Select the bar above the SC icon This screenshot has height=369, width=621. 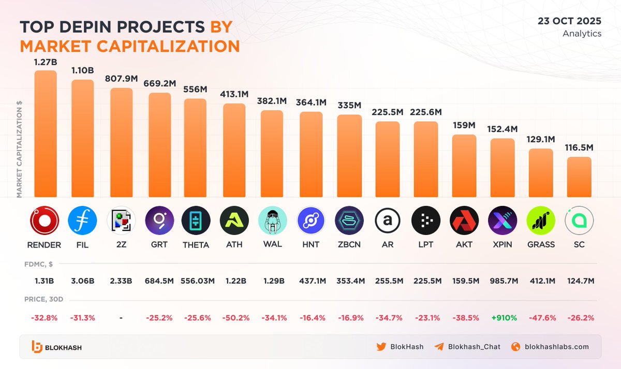point(579,177)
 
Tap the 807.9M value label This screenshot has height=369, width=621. point(122,79)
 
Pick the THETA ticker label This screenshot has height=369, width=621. point(196,244)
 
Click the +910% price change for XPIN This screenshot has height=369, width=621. point(502,318)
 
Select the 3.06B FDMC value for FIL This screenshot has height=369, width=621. point(83,281)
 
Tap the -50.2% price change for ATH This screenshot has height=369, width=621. point(234,318)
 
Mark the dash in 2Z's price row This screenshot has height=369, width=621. point(121,318)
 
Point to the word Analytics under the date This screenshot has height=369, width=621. point(582,34)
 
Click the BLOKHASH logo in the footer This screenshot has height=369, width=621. point(57,347)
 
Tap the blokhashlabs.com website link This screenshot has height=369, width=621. point(557,347)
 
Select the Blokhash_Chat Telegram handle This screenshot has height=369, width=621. point(474,347)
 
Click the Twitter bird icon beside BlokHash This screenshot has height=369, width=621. point(381,347)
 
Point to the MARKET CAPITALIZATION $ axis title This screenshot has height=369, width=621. point(19,149)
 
